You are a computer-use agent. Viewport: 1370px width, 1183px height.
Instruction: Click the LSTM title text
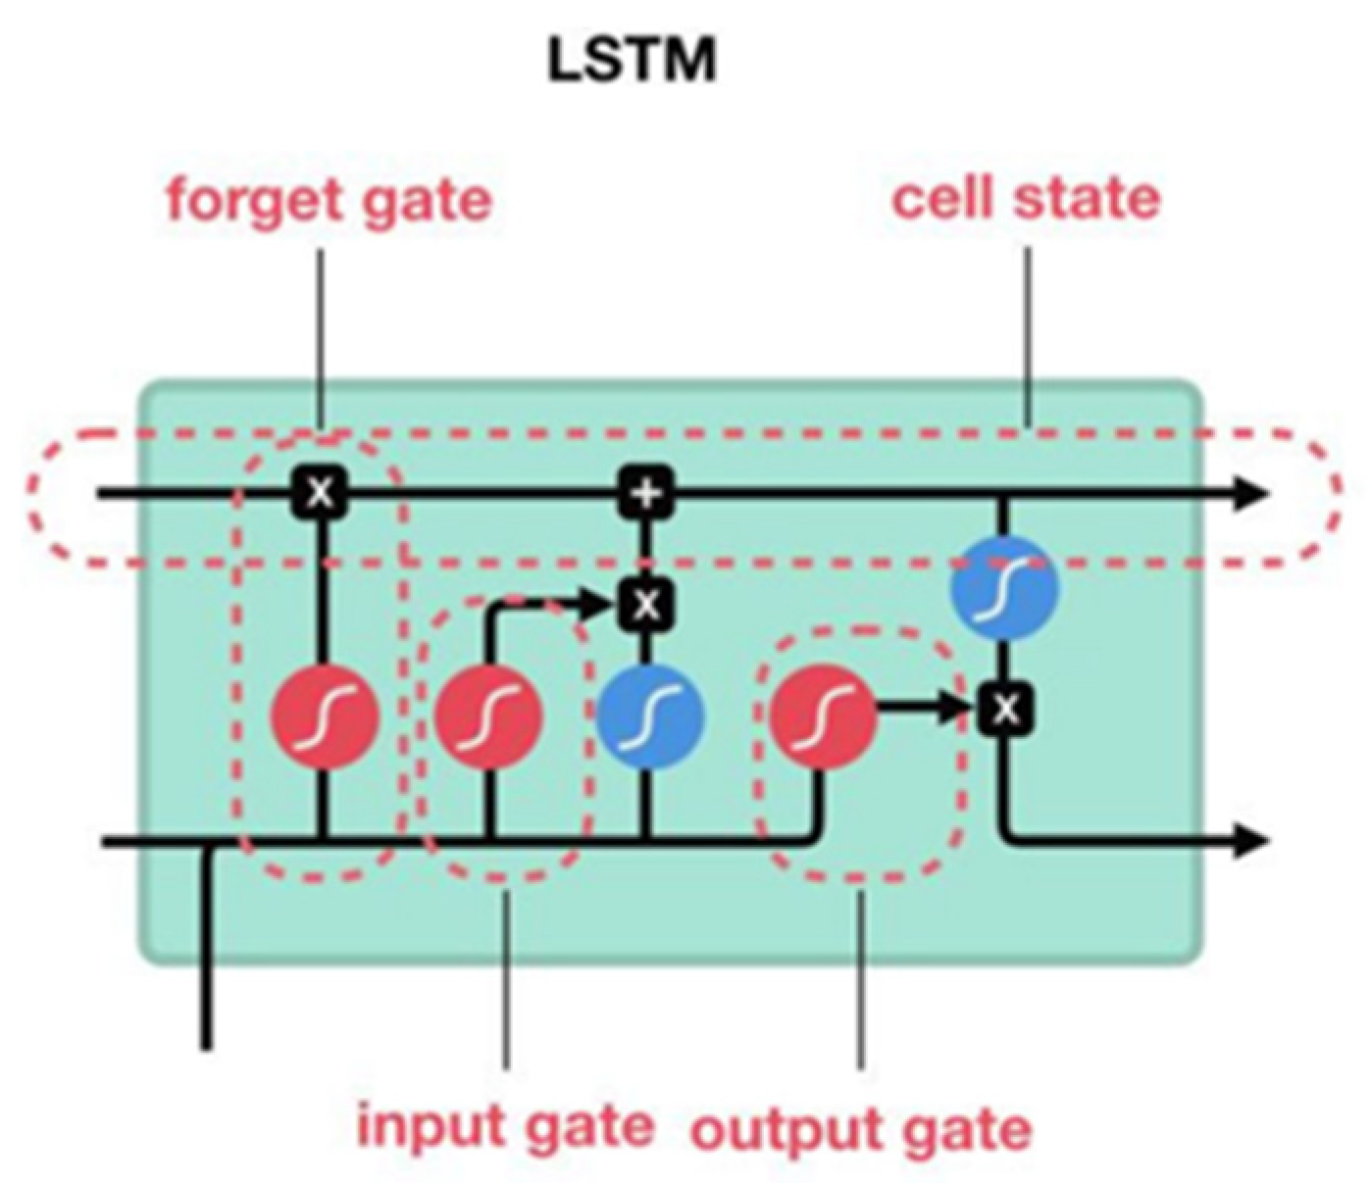tap(632, 62)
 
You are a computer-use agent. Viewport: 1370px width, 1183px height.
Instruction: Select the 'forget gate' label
tap(329, 201)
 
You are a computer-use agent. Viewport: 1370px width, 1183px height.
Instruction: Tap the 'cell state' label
tap(1026, 199)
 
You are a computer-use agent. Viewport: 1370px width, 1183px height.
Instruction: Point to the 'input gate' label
tap(505, 1124)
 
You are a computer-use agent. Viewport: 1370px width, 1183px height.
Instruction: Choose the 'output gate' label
tap(861, 1129)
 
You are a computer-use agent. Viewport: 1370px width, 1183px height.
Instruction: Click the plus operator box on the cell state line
tap(646, 492)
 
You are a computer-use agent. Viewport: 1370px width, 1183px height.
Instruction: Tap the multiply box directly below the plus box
tap(646, 604)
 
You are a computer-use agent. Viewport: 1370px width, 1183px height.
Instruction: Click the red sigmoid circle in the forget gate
tap(324, 717)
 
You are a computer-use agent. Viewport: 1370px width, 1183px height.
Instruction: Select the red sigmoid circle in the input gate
tap(488, 717)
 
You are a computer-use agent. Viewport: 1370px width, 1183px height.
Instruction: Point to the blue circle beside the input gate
tap(650, 715)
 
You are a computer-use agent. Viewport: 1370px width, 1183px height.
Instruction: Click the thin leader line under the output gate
tap(860, 980)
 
